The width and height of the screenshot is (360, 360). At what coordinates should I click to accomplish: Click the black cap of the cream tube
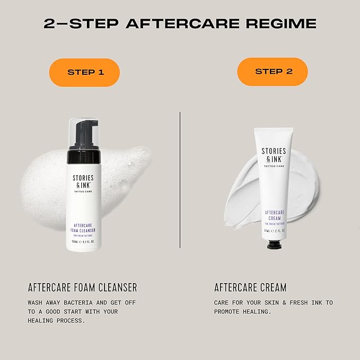point(273,245)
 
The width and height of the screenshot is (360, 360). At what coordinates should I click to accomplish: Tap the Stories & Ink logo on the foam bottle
point(83,182)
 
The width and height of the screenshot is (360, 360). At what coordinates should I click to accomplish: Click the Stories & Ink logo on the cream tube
point(274,155)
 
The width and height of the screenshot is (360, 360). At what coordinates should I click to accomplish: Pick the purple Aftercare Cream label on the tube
point(274,216)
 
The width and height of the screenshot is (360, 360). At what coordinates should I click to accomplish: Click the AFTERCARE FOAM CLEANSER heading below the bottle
point(82,287)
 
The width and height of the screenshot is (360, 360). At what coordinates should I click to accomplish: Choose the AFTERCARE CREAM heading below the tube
point(250,287)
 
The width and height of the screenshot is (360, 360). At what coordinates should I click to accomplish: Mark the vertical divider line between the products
point(180,180)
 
